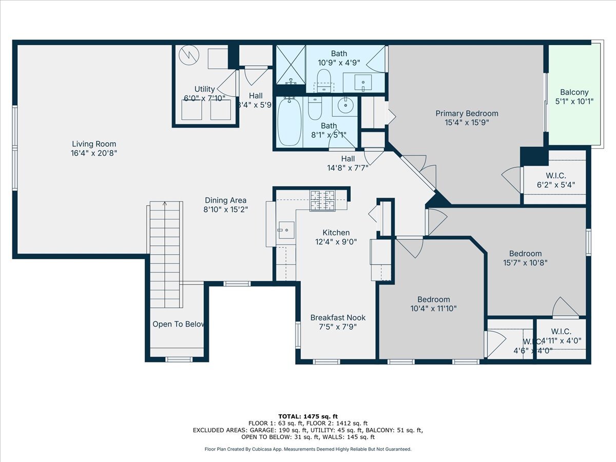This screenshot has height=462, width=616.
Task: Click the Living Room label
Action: [94, 144]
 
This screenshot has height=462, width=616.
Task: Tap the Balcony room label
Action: [574, 92]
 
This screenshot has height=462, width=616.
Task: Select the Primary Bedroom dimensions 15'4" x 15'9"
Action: [467, 123]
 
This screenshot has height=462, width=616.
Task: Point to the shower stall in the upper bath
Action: [291, 65]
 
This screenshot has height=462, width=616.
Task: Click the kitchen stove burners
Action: [322, 200]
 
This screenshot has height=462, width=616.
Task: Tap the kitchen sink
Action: [285, 230]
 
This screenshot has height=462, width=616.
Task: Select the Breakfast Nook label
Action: [338, 318]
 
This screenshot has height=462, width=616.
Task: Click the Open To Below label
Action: [178, 324]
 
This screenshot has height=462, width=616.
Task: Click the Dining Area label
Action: [225, 201]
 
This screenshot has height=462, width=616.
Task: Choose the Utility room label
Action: [204, 89]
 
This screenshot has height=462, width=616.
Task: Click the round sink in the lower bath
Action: [344, 106]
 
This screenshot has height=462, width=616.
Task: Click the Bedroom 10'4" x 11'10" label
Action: [433, 300]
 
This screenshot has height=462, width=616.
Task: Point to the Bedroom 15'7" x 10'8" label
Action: [525, 254]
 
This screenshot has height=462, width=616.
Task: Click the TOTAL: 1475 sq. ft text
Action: [308, 416]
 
